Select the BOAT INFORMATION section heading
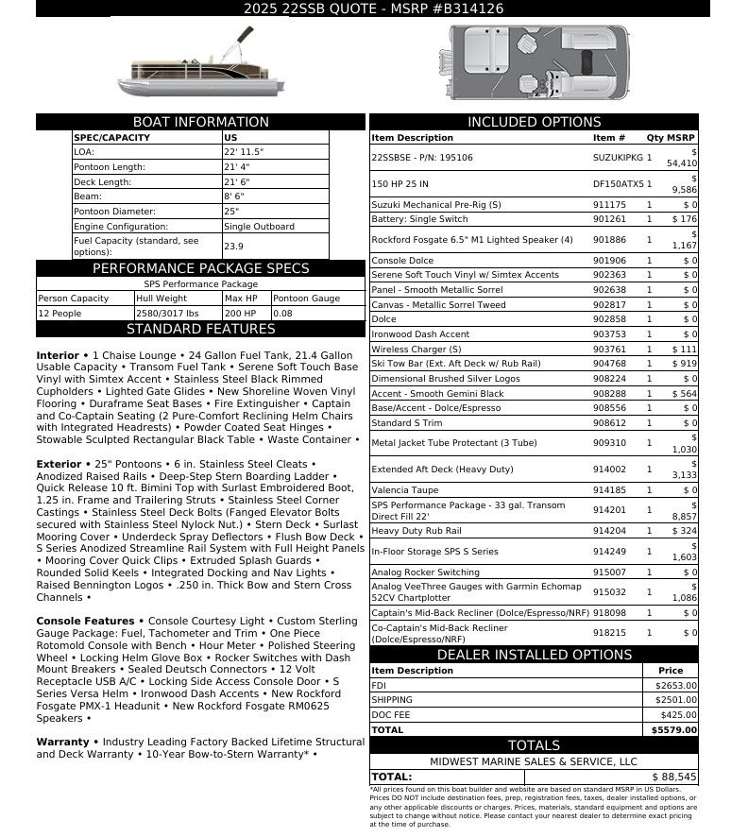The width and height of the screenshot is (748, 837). (200, 122)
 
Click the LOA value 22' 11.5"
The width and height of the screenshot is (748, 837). (244, 151)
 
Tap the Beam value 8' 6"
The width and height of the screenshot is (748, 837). (235, 196)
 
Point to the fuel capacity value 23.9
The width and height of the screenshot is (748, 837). (233, 247)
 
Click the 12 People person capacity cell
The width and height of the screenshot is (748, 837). (61, 314)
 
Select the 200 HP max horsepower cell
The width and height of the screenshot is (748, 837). (241, 314)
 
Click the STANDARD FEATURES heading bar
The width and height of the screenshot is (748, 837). (200, 330)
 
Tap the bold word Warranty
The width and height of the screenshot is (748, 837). (62, 743)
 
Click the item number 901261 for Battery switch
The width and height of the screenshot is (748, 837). (609, 220)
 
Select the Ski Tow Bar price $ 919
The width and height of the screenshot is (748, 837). (684, 364)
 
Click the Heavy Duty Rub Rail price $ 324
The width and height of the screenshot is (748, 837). (684, 532)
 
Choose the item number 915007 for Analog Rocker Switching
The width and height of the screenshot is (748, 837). (609, 572)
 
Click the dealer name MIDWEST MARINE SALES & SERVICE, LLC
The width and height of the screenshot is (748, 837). (534, 761)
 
